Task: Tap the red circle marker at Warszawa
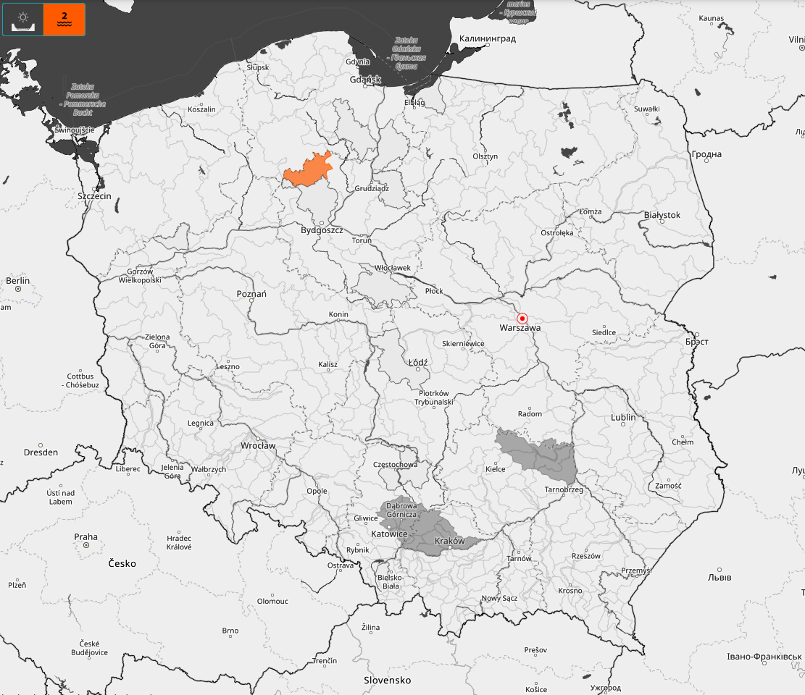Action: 522,319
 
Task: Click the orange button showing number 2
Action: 64,20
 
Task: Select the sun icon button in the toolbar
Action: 23,20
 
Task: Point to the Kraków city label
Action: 449,541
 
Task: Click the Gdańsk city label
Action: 365,80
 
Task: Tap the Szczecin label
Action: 94,196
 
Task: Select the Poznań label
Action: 251,294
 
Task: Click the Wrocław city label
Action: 258,445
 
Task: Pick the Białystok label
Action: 662,215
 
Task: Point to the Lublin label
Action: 623,418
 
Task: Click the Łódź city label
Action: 418,362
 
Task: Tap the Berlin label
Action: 17,281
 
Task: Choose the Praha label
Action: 85,537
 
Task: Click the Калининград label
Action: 488,38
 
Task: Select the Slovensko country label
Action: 387,681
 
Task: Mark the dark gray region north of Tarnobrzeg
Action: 540,456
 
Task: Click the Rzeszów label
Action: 586,556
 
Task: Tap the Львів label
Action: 719,577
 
